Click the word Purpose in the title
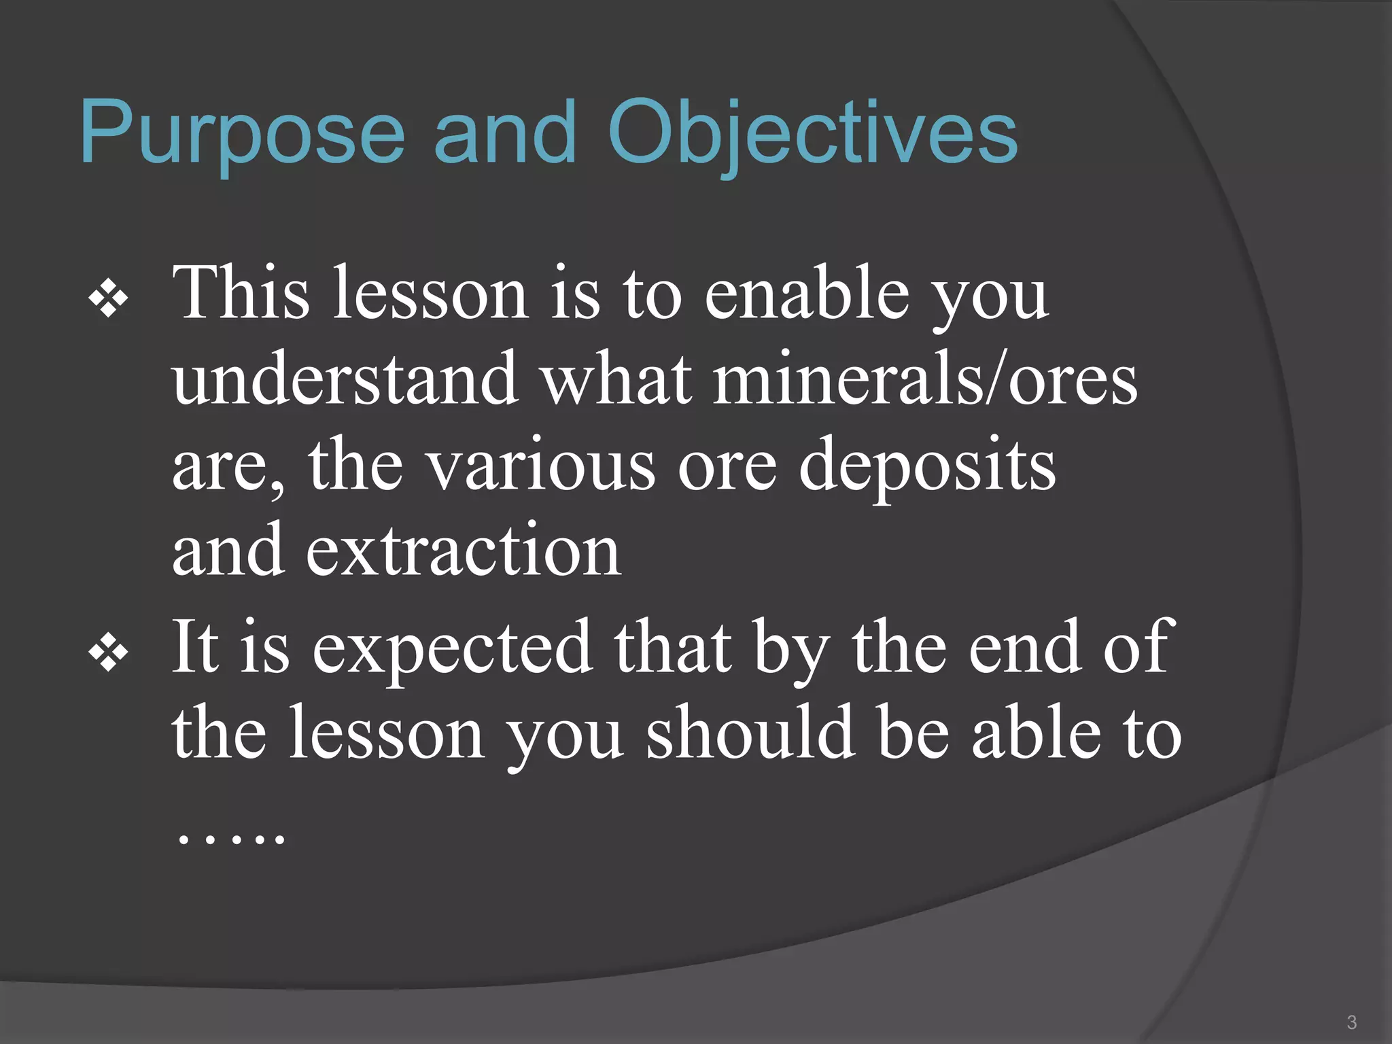(242, 133)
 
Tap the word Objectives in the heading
(812, 133)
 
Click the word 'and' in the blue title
(505, 133)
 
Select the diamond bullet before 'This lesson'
(109, 298)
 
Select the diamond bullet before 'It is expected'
(109, 653)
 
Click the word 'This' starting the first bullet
(241, 294)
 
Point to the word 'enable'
(807, 294)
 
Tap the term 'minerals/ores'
(925, 379)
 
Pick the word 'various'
(541, 466)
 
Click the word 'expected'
(452, 650)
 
